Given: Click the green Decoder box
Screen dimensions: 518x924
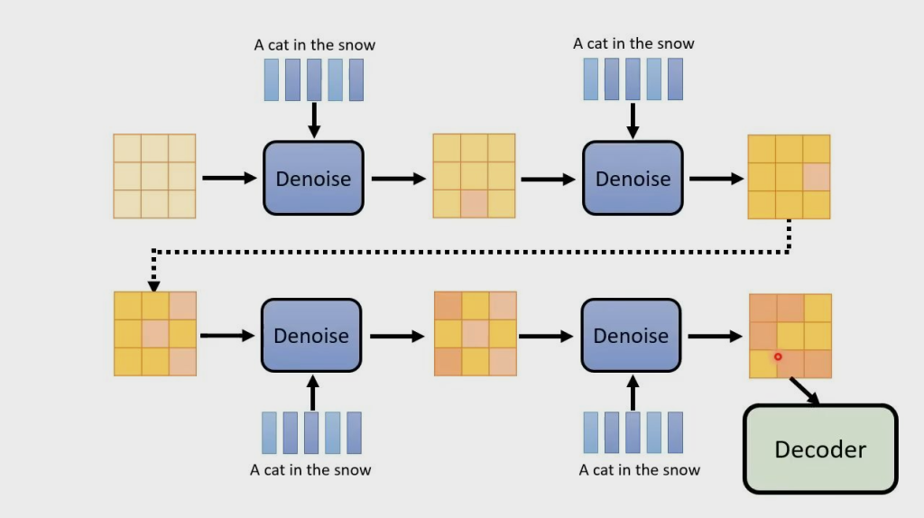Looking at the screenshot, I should tap(820, 449).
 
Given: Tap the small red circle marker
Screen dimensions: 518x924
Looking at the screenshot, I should tap(778, 357).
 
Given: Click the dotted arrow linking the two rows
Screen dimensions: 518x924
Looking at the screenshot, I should tap(469, 251).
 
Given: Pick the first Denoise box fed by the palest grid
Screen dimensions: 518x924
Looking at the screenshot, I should tap(313, 178).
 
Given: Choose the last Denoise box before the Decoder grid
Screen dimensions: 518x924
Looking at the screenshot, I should tap(632, 336).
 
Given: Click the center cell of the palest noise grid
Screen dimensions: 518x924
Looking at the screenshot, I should tap(154, 176).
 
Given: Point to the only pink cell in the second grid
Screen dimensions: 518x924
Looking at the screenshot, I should tap(474, 204).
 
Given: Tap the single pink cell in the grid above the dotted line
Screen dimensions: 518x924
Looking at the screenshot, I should tap(816, 177).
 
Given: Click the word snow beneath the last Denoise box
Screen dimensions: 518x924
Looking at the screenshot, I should tap(681, 470).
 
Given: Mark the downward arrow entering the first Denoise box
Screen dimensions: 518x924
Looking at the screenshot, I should tap(314, 119).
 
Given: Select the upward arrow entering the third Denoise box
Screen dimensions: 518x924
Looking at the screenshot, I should tap(312, 393).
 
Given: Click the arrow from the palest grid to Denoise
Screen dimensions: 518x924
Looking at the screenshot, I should tap(229, 179).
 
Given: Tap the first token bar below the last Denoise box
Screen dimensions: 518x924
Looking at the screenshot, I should tap(590, 432).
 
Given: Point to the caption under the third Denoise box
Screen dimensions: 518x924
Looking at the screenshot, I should tap(310, 470).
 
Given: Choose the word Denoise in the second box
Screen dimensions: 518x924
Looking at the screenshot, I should tap(633, 179).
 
